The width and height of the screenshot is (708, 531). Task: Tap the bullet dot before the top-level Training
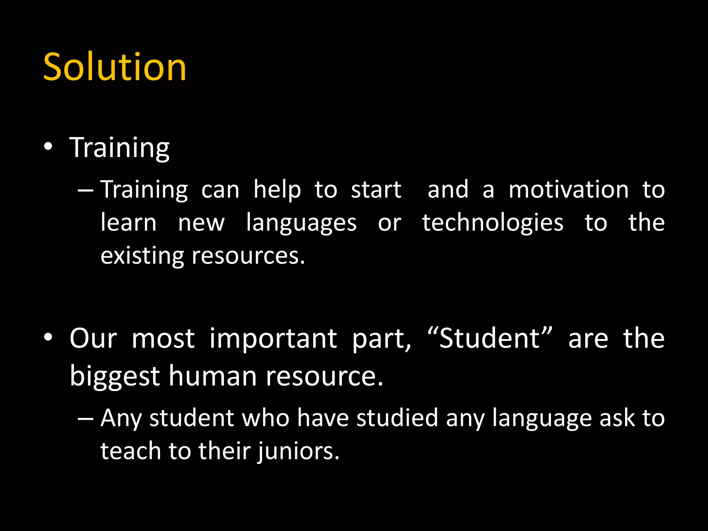[48, 147]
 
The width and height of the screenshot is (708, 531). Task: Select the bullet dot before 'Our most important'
[48, 337]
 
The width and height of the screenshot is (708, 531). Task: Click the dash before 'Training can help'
[85, 190]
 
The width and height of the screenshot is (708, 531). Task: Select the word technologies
[493, 223]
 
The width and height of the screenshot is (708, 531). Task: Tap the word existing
[142, 257]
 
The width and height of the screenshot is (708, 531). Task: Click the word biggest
[114, 376]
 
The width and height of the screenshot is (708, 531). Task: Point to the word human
[213, 376]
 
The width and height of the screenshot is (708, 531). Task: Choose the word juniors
[298, 451]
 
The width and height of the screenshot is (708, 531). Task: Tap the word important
[273, 339]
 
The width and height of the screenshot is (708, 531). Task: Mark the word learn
[129, 223]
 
